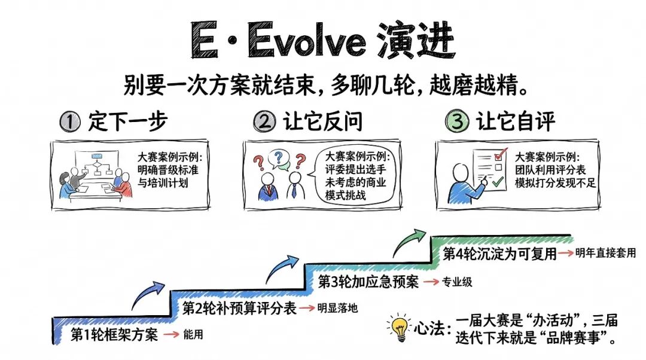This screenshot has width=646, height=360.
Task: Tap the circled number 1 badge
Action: (70, 122)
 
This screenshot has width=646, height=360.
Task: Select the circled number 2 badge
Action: (264, 121)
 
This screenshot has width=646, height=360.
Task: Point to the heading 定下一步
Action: (128, 121)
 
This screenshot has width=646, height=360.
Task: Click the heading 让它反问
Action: (322, 121)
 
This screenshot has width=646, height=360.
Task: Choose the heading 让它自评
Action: (516, 121)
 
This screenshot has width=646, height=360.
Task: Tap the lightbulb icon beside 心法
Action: (399, 328)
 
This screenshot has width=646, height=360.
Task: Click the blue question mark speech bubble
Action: (279, 158)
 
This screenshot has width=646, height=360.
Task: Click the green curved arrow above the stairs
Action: (409, 242)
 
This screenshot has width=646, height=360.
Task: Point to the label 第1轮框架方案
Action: (114, 334)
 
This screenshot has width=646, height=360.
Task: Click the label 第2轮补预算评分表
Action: (239, 308)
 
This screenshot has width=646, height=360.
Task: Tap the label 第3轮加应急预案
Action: (368, 282)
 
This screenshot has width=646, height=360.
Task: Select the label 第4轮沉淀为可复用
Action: (499, 254)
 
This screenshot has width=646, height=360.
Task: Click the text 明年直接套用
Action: (605, 253)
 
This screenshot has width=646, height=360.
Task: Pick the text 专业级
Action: (457, 282)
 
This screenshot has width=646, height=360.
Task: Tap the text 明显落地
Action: (337, 308)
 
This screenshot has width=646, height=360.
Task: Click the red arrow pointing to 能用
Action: (171, 334)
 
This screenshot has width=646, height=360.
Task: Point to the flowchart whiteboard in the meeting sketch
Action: (97, 163)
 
